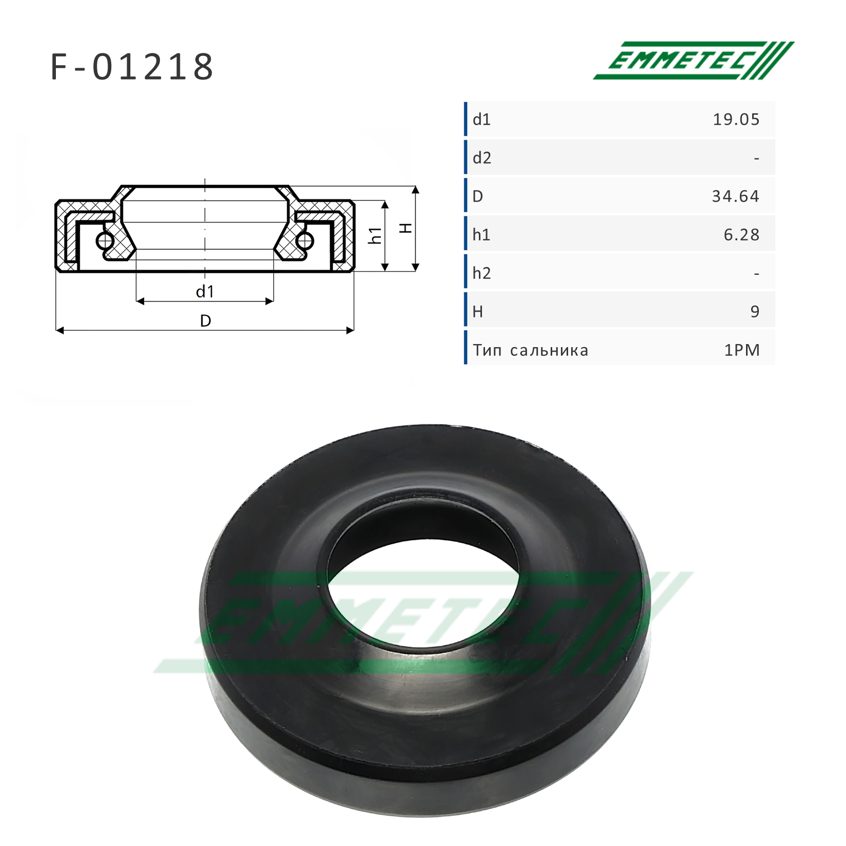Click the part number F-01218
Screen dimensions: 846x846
(132, 67)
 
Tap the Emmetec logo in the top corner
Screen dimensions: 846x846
(694, 61)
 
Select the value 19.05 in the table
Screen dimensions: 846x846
(736, 119)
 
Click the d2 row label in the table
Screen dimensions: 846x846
(482, 158)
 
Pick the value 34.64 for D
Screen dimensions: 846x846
(735, 196)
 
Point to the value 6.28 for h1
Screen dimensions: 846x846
(741, 235)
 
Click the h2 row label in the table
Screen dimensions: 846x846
(482, 273)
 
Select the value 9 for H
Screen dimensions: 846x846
(755, 311)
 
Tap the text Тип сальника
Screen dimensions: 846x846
(531, 350)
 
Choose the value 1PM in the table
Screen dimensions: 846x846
(742, 350)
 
